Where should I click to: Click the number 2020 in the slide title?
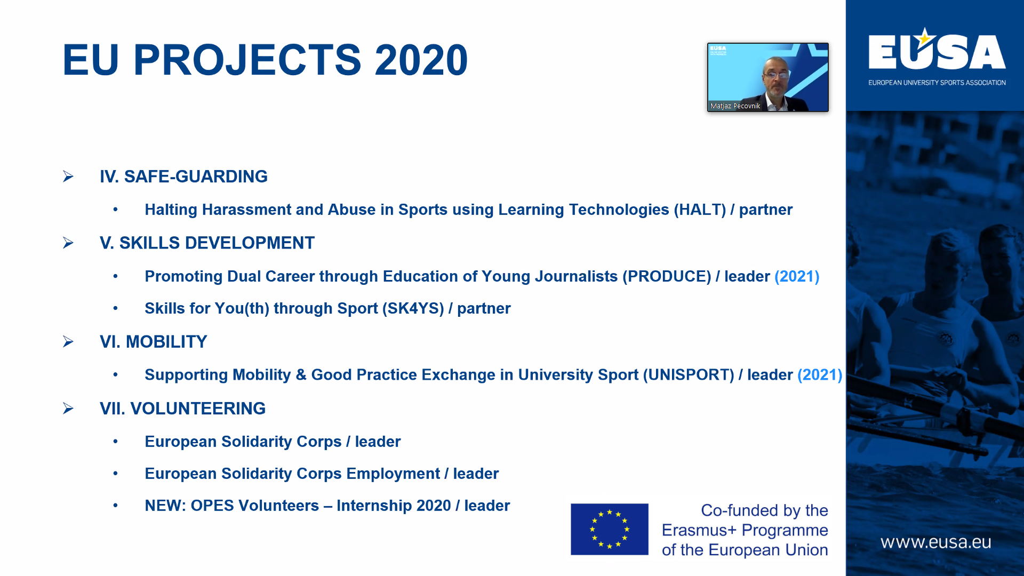click(x=421, y=60)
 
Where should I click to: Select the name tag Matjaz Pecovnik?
click(x=735, y=106)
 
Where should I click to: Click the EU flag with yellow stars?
click(x=610, y=529)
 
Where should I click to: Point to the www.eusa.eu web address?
click(x=935, y=542)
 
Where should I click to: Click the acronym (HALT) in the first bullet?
click(x=700, y=210)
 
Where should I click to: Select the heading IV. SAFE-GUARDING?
click(x=183, y=177)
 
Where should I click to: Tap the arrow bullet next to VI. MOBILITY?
click(x=68, y=341)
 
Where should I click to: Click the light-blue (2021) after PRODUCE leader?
click(x=797, y=276)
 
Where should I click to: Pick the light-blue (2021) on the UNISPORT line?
click(x=820, y=375)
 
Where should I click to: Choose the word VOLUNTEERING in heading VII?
click(x=198, y=409)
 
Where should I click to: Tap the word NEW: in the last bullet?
click(x=165, y=506)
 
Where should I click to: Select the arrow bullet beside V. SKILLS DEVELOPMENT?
click(x=68, y=243)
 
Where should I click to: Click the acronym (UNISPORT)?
click(x=689, y=375)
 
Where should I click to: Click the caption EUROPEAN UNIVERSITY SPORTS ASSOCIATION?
click(x=937, y=83)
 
